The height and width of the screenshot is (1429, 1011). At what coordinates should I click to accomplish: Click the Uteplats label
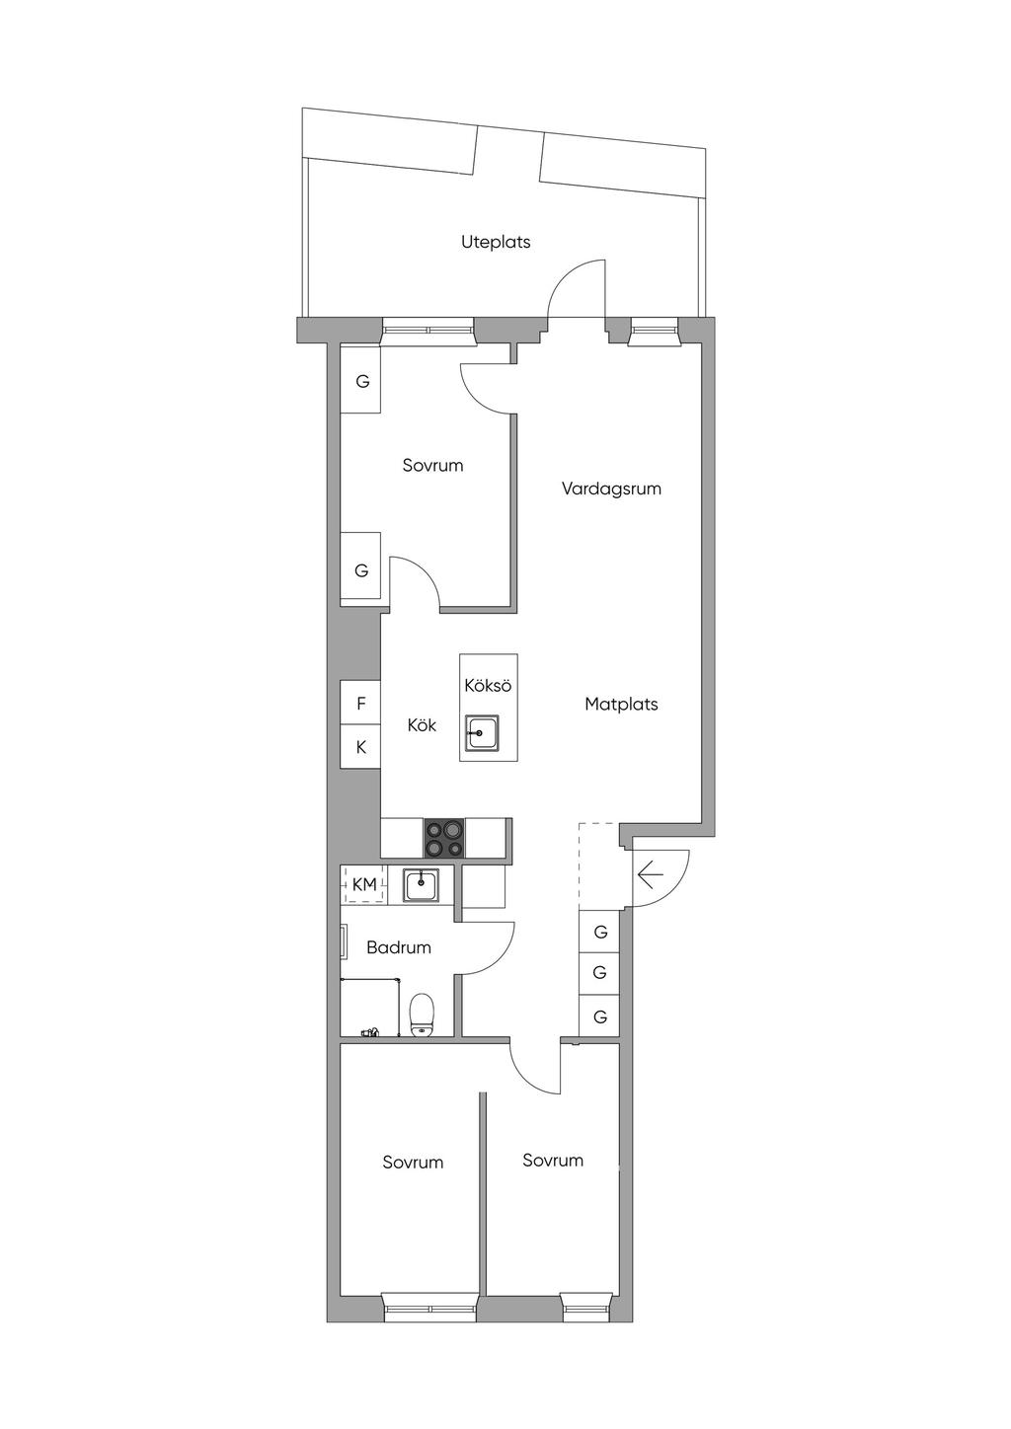point(496,243)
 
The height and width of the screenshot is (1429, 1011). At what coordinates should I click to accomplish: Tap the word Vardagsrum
point(611,489)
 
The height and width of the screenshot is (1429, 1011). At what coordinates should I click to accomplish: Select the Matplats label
point(621,705)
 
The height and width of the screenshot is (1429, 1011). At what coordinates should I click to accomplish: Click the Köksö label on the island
point(489,686)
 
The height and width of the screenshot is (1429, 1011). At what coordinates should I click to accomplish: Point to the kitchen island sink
point(482,733)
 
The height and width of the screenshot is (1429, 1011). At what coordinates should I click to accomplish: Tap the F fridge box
point(360,703)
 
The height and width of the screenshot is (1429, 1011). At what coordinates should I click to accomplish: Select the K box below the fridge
point(360,746)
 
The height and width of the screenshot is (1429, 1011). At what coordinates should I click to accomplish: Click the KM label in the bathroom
point(364,884)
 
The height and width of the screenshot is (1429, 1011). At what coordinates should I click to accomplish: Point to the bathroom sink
point(421,885)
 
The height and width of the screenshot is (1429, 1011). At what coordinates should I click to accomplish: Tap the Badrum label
point(399,948)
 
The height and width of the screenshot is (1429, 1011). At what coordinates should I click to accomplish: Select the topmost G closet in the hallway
point(600,932)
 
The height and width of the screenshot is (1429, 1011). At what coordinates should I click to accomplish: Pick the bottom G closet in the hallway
point(600,1016)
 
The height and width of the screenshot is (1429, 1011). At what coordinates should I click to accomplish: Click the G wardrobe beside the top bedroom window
point(361,382)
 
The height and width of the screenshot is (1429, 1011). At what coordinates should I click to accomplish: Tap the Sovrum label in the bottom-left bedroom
point(413,1163)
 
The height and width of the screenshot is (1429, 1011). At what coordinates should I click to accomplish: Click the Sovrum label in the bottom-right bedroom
point(553,1160)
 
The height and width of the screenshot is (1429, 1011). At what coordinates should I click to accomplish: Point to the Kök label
point(422,725)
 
